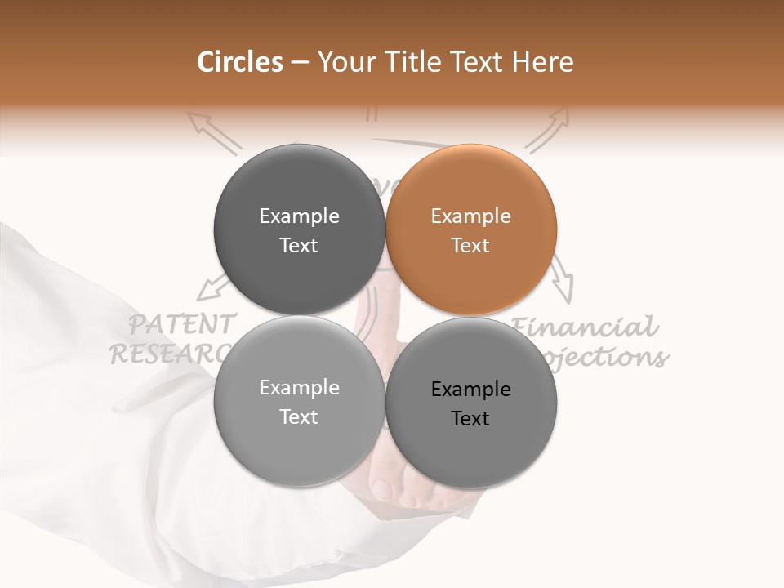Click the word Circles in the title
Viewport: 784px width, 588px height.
(x=239, y=62)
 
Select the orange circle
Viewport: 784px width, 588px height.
(x=471, y=230)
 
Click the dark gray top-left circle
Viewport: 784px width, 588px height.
(x=299, y=230)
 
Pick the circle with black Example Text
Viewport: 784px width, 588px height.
(x=471, y=403)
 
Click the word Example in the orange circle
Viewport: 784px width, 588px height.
(x=471, y=216)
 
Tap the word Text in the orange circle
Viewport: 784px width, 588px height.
(x=471, y=246)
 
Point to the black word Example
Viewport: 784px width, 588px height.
(x=471, y=390)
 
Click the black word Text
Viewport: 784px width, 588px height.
(x=471, y=419)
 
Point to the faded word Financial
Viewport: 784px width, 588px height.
(x=585, y=327)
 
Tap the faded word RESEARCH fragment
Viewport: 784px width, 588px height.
(x=167, y=353)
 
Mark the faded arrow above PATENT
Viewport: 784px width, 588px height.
(x=215, y=287)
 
